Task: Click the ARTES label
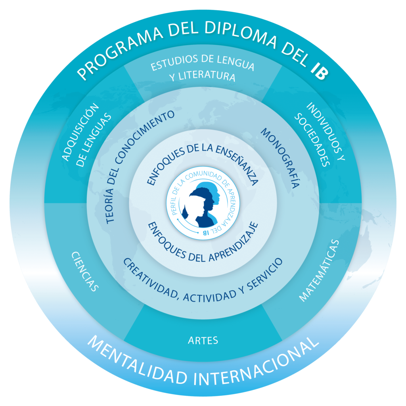[203, 341]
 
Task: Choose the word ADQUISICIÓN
[80, 132]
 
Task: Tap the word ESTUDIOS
[174, 63]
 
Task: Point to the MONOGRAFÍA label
[280, 158]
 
